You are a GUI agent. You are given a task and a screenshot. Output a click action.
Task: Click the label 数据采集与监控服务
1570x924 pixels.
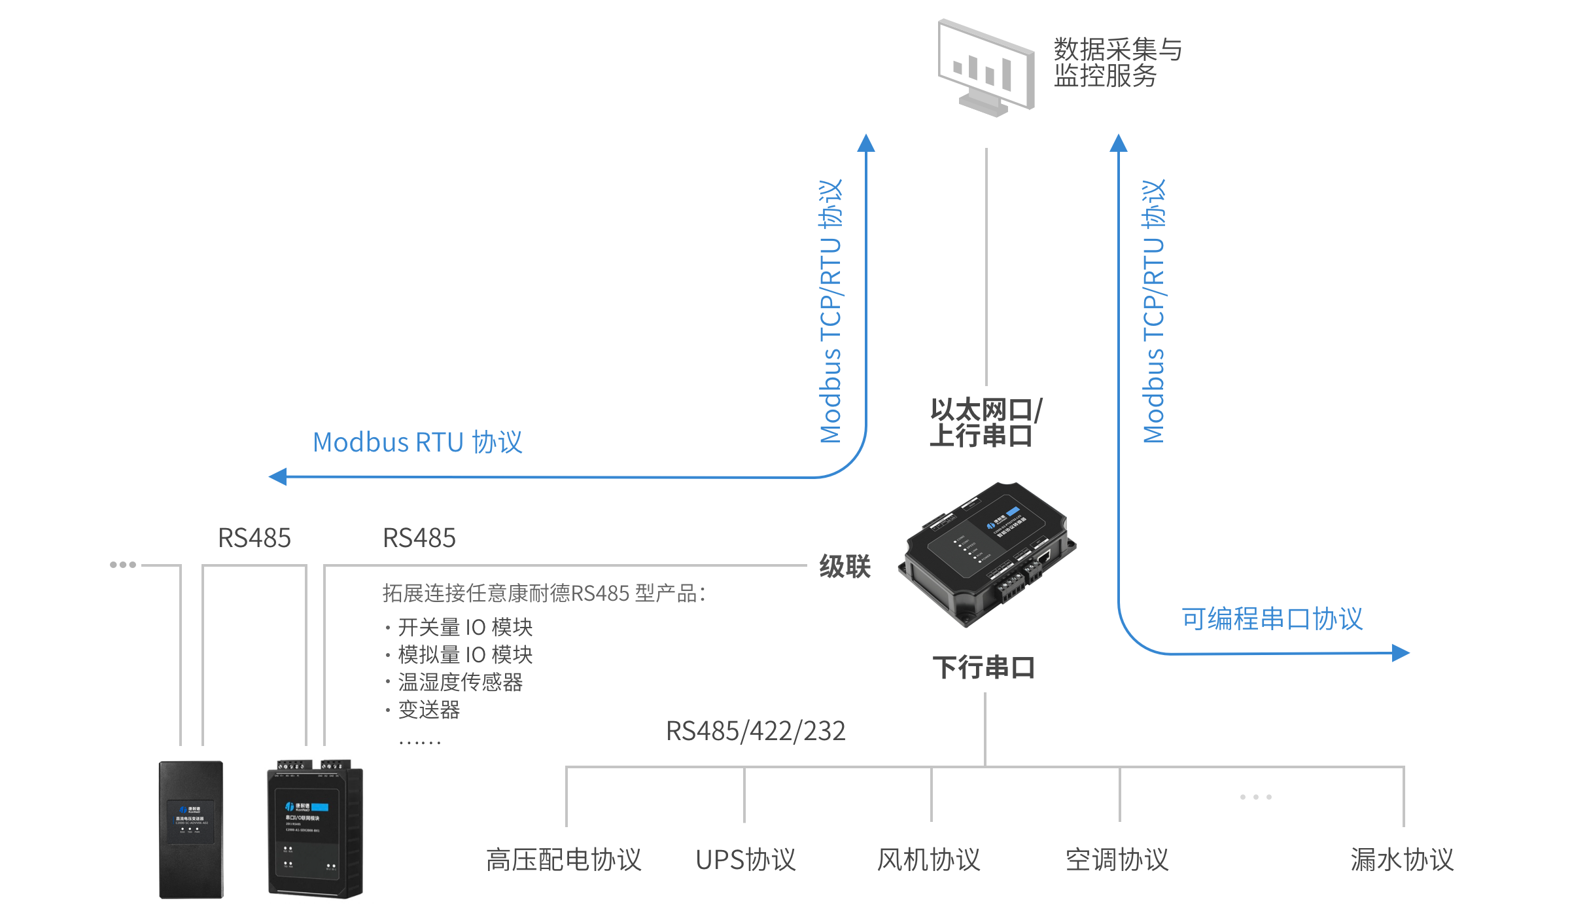pos(1117,63)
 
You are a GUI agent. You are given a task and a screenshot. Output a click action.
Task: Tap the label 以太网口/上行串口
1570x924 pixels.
pos(985,423)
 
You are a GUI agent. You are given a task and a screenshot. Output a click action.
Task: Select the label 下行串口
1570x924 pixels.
pos(983,667)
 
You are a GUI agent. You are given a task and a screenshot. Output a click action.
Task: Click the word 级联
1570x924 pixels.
pos(845,566)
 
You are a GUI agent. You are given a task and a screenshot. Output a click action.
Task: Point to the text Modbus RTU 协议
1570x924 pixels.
pos(417,442)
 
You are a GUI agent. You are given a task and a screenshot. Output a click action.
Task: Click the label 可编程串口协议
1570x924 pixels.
pos(1272,619)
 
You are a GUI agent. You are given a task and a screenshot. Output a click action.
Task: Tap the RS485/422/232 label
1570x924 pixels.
pos(756,731)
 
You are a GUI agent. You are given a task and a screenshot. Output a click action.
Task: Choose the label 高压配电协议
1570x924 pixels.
pos(563,860)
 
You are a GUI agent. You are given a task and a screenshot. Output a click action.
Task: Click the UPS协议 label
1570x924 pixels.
pos(745,860)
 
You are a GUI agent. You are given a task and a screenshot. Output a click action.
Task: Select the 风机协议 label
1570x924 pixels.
pos(928,860)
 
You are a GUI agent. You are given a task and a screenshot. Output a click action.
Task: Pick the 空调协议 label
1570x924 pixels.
pos(1117,860)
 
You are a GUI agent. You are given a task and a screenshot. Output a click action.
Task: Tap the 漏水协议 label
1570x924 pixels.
pos(1402,860)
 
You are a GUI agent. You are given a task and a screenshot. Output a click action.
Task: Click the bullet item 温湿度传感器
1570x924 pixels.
pos(460,683)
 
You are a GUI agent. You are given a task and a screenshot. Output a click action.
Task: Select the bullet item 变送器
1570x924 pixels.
pos(429,710)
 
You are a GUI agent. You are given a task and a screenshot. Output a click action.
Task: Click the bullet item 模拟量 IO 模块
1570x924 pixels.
pos(465,655)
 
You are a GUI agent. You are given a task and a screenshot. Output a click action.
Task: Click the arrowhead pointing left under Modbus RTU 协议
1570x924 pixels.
pos(278,476)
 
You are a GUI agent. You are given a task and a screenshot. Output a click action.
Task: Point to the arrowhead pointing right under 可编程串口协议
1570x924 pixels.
pos(1400,652)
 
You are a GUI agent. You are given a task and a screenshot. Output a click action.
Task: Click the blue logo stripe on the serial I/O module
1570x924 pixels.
pos(320,807)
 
